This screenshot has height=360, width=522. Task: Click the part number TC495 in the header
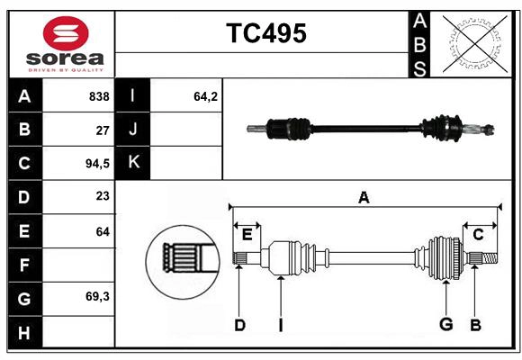pos(265,33)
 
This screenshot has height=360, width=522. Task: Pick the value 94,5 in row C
pos(96,164)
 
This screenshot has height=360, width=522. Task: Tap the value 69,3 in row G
pos(97,296)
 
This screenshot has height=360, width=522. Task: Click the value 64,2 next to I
pos(206,96)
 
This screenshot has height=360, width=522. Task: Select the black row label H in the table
pos(24,332)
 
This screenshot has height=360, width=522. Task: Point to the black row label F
pos(24,265)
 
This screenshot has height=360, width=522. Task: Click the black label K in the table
pos(133,162)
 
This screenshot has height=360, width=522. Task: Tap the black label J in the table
pos(133,130)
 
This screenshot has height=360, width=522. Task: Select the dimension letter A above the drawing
pos(364,198)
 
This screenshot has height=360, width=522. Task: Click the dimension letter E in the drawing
pos(247,235)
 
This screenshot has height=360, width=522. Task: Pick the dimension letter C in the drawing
pos(479,235)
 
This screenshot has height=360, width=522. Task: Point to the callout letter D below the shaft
pos(239,325)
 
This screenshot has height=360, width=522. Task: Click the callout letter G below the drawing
pos(445,325)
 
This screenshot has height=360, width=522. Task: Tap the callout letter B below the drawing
pos(476,325)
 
